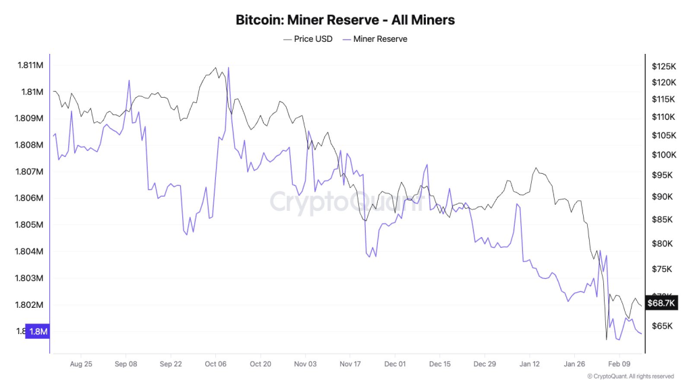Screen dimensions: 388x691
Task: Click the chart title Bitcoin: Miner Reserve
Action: pos(345,20)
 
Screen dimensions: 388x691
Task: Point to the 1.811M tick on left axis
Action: pos(30,65)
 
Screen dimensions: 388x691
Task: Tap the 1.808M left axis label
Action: pos(30,145)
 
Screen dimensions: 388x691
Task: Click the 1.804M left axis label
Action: pos(30,252)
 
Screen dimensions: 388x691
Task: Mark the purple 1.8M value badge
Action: pos(38,331)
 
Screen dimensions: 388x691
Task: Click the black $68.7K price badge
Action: pos(661,303)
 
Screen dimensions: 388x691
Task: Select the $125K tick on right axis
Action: pos(664,66)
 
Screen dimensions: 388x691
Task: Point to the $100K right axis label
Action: pos(664,155)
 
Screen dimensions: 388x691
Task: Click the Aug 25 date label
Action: pos(81,364)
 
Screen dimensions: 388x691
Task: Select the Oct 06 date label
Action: pos(215,364)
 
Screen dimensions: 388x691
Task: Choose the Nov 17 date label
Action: pos(350,364)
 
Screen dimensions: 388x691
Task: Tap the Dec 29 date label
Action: pos(485,364)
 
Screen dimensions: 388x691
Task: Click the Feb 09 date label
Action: pos(619,364)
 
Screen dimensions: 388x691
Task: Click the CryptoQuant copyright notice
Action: pos(630,377)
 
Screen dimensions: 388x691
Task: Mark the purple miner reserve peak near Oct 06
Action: pos(229,68)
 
